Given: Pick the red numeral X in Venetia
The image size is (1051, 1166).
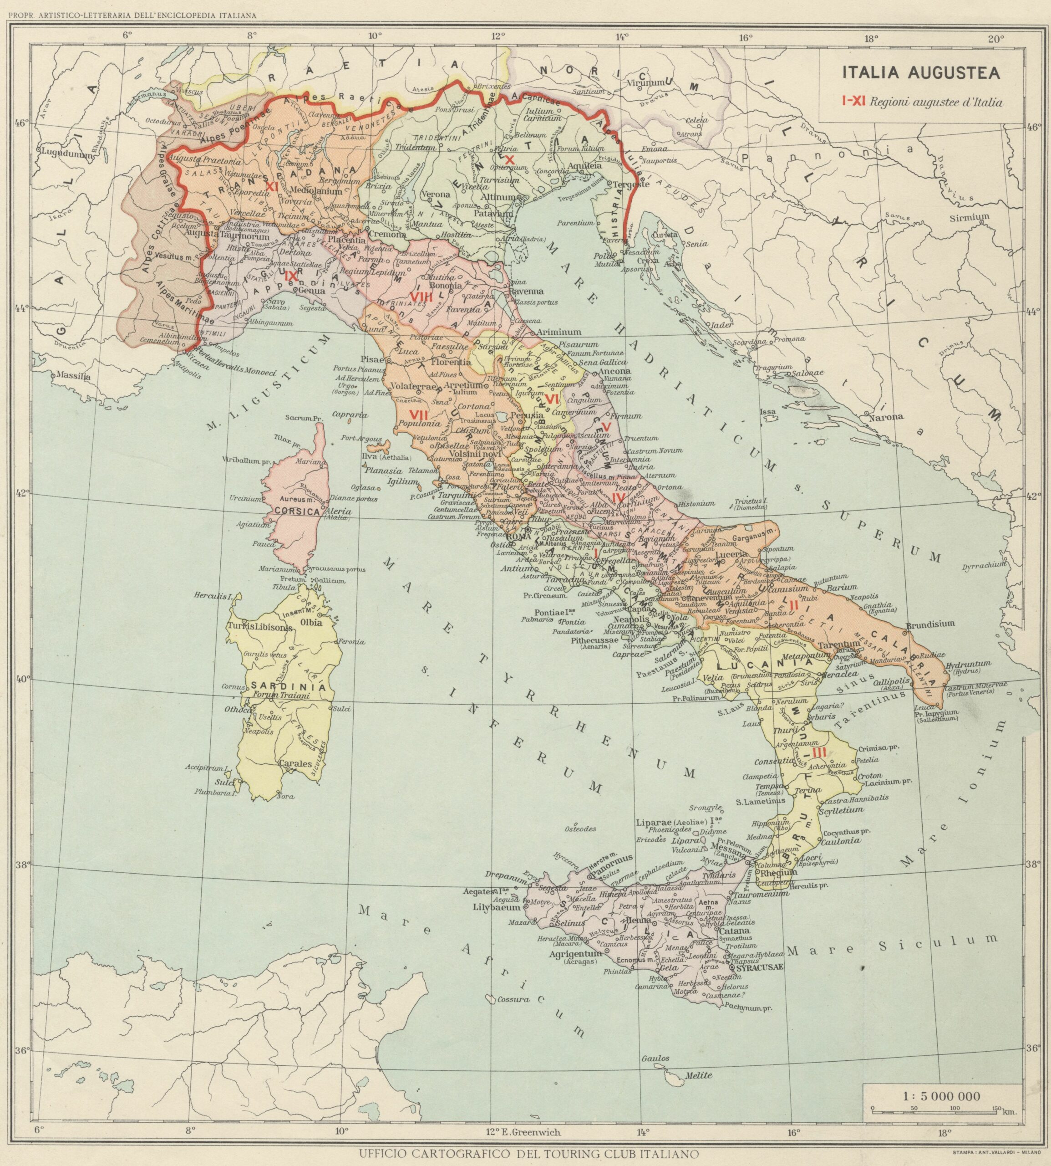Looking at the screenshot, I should pos(509,159).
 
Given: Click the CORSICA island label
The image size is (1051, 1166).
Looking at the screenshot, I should pos(297,511).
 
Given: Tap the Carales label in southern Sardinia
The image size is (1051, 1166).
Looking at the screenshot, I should pos(296,763).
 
